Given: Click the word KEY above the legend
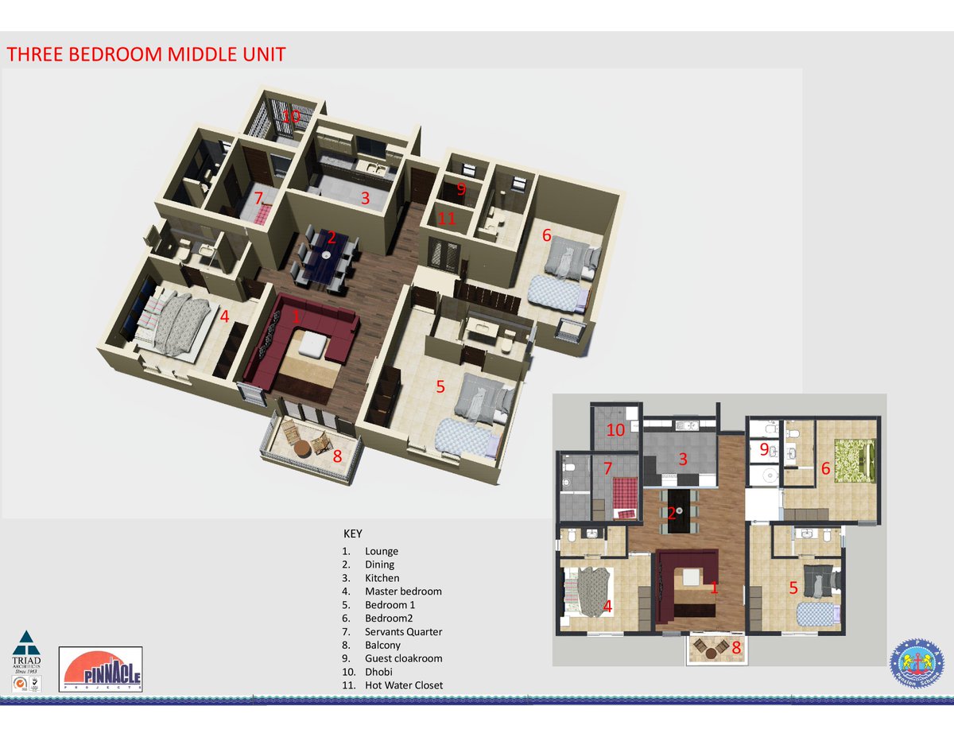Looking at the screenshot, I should point(352,533).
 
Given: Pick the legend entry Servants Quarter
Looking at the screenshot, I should point(403,632).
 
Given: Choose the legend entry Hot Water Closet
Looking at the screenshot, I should point(404,685).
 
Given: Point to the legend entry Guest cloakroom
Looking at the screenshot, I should point(403,658).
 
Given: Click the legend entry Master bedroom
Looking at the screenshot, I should point(403,592).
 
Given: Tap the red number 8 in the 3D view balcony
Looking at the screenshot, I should point(337,456).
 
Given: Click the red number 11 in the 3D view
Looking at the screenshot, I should point(447,218).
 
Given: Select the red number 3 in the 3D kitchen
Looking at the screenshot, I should point(366,199).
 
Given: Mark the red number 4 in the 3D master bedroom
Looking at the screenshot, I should point(225,316).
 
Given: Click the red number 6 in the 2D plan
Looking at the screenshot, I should point(826,469).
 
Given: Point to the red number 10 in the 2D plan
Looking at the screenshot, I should point(616,431).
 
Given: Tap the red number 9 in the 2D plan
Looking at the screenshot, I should point(765,449).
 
